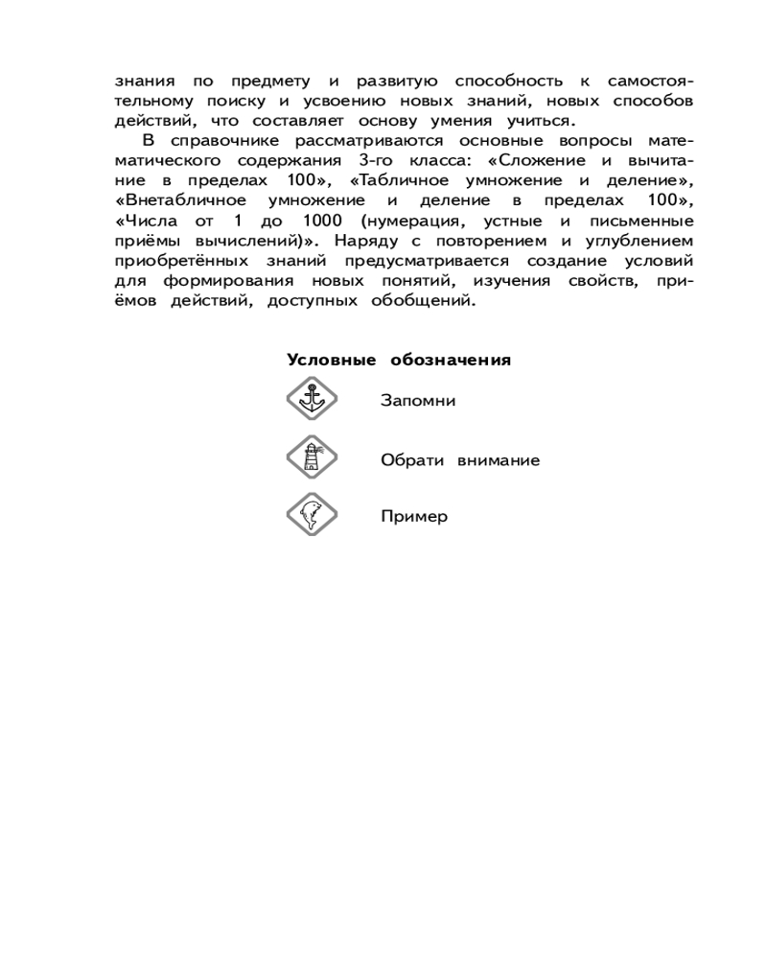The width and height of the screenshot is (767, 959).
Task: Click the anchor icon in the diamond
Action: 309,399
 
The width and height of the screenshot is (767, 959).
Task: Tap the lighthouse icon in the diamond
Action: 309,458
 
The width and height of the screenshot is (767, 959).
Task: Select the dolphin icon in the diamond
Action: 309,516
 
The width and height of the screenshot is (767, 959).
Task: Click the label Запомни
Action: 417,400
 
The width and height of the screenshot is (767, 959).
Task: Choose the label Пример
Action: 414,517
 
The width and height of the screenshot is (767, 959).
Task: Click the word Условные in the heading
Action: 332,361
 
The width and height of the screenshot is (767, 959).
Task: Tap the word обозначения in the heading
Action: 450,361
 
